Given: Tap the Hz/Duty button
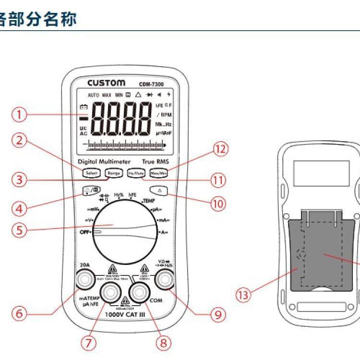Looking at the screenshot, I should pyautogui.click(x=136, y=173).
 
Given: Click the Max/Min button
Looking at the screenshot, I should pyautogui.click(x=158, y=173).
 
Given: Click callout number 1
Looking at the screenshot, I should pyautogui.click(x=19, y=115).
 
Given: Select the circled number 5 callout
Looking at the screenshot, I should pyautogui.click(x=19, y=229).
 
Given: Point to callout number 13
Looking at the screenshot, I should pyautogui.click(x=244, y=295).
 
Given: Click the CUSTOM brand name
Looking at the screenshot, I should pyautogui.click(x=106, y=83).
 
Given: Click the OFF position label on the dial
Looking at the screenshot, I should pyautogui.click(x=85, y=232).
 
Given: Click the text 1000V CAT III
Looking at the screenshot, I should pyautogui.click(x=125, y=315).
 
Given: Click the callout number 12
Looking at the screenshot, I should pyautogui.click(x=219, y=149).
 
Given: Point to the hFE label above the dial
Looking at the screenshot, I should pyautogui.click(x=132, y=195).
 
